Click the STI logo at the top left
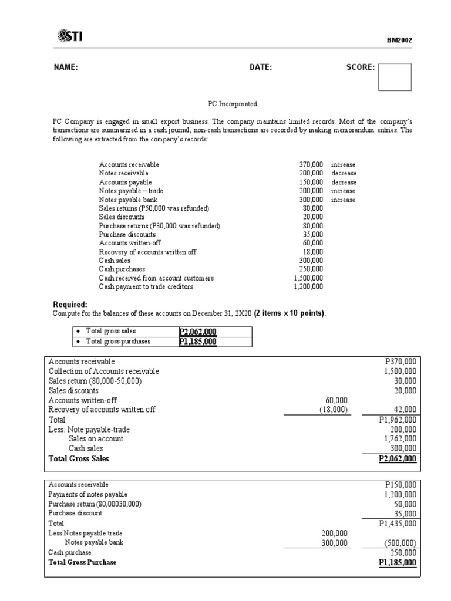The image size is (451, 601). click(x=70, y=37)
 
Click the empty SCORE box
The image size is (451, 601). click(x=395, y=77)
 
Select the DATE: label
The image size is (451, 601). click(x=261, y=67)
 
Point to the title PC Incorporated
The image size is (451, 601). click(x=233, y=104)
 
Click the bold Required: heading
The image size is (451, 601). click(x=70, y=305)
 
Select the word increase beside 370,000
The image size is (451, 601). click(x=343, y=165)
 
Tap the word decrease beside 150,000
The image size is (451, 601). click(x=344, y=183)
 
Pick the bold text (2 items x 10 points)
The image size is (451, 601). click(x=290, y=313)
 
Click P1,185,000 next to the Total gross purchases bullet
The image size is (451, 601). click(x=198, y=342)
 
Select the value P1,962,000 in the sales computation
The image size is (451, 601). click(x=398, y=420)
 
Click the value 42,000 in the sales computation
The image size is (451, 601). click(x=405, y=410)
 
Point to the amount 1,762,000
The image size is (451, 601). click(x=400, y=439)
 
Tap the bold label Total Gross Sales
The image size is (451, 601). click(x=79, y=459)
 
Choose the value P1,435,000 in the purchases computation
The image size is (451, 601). click(x=398, y=523)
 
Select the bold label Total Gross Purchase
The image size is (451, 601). click(x=82, y=562)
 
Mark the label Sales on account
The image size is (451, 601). click(x=96, y=439)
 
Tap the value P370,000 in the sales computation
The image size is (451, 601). click(x=400, y=362)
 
